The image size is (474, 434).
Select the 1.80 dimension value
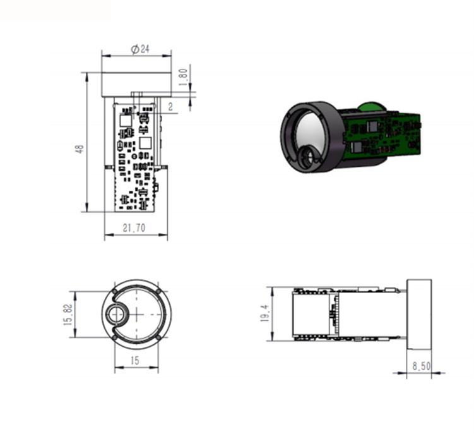tap(184, 75)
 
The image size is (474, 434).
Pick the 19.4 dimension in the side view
tap(264, 314)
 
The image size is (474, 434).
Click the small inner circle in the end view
tap(116, 313)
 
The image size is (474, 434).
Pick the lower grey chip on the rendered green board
tap(356, 148)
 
